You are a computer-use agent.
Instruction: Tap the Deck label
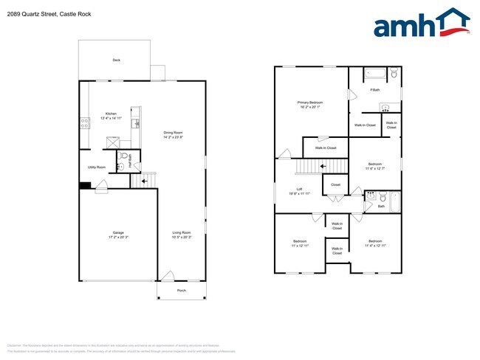pos(116,60)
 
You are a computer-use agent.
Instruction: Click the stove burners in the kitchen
pos(85,123)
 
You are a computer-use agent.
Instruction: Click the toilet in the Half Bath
pos(125,156)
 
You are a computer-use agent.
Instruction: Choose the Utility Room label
pos(97,167)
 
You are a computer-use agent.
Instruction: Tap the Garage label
pos(118,235)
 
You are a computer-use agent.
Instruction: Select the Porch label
pos(181,291)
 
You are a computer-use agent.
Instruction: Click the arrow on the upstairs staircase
pos(323,166)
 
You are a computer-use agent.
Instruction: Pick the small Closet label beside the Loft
pos(335,184)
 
